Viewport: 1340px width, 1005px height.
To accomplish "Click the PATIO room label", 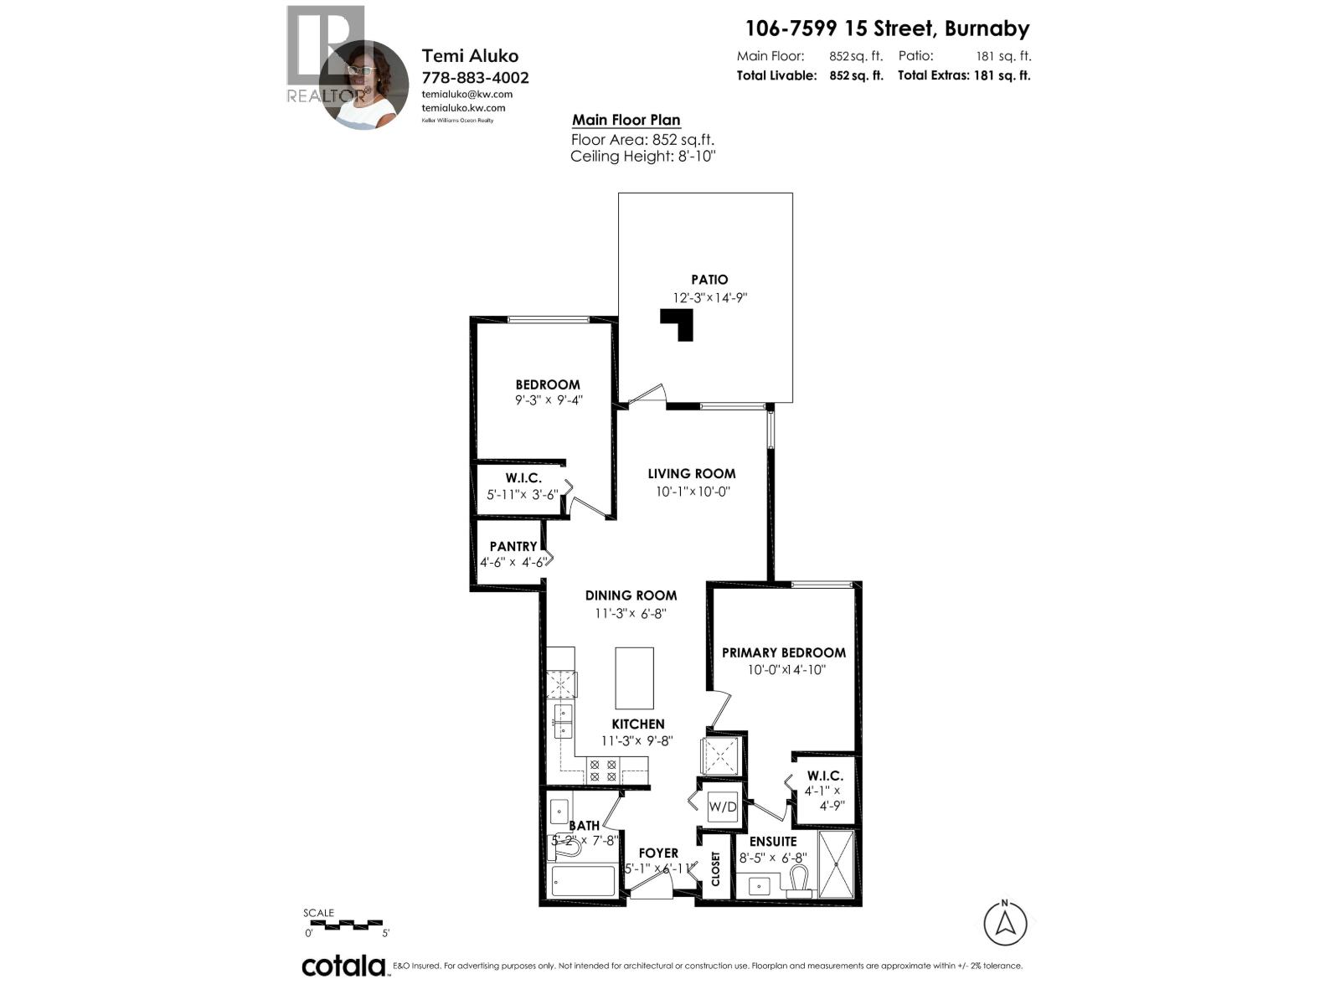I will pos(709,280).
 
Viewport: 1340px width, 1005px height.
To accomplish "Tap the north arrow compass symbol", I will pos(1005,923).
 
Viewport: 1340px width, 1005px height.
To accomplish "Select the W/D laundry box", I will pos(723,807).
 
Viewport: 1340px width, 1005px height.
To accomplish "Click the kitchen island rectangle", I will pos(634,678).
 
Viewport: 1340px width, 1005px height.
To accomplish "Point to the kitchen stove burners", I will pos(603,770).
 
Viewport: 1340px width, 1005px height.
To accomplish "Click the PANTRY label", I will pos(513,546).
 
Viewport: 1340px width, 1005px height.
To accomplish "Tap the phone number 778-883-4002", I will pos(475,78).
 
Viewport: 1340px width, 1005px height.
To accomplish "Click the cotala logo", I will pos(343,966).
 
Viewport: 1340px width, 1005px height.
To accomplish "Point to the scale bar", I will pos(346,925).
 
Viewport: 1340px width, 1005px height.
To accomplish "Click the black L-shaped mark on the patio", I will pos(680,323).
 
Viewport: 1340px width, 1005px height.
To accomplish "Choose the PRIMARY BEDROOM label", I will pos(784,652).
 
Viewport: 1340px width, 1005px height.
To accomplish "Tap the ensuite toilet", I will pos(798,880).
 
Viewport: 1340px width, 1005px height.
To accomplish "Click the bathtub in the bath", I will pos(583,882).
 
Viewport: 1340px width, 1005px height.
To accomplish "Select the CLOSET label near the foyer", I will pos(716,868).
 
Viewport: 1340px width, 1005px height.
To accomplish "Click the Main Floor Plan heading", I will pos(626,120).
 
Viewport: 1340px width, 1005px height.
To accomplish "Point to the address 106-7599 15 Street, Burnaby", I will pos(887,28).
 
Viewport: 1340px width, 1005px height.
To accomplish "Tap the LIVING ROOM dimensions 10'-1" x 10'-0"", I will pos(693,492).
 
